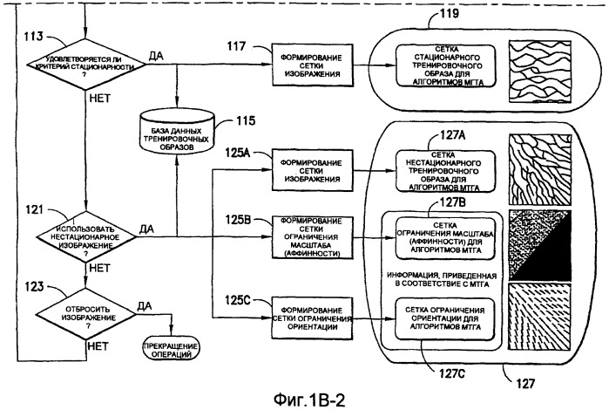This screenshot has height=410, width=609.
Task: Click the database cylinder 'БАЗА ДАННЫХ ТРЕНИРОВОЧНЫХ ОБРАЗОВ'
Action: point(177,137)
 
